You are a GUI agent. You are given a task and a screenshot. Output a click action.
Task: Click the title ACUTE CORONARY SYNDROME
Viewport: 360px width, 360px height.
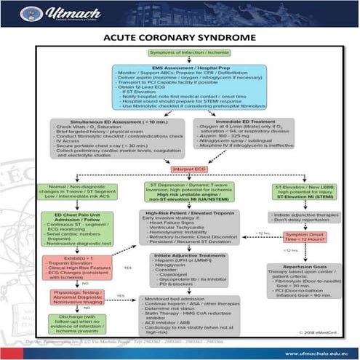click(180, 37)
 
